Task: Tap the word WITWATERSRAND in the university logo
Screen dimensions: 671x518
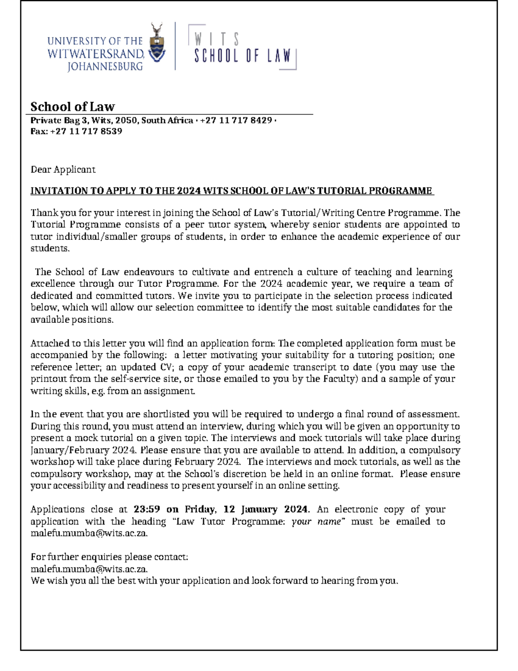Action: click(96, 54)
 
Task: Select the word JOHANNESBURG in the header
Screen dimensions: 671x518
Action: click(105, 67)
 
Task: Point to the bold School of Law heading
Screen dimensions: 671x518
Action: click(73, 106)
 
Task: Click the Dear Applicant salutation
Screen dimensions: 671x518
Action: click(63, 169)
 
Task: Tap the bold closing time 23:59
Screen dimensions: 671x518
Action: click(146, 509)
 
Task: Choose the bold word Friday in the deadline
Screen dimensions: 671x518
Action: click(200, 509)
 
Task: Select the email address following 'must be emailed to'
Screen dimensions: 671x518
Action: click(89, 533)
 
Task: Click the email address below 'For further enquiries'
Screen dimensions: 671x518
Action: click(89, 569)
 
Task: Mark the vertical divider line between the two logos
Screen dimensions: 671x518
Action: click(175, 46)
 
